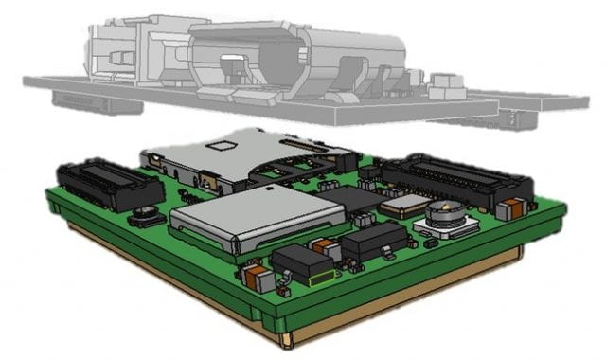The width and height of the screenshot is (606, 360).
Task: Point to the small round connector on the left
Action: [148, 216]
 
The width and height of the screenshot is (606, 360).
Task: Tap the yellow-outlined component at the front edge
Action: [322, 279]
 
